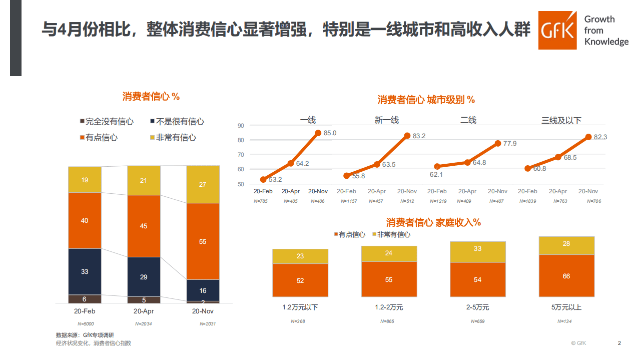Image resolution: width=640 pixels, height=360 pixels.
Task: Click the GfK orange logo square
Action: coord(558,30)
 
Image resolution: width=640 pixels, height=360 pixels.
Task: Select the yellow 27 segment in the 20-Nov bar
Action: coord(203,185)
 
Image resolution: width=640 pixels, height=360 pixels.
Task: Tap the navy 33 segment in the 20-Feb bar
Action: coord(85,271)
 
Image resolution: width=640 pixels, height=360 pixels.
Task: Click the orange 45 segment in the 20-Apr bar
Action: coord(144,226)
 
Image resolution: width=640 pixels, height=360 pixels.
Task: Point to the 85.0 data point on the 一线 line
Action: coord(318,133)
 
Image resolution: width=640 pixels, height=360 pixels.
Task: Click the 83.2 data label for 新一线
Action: coord(419,136)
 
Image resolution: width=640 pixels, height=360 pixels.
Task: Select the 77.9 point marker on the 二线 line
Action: coord(498,143)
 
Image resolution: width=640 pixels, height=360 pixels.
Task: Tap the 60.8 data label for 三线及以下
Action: coord(539,169)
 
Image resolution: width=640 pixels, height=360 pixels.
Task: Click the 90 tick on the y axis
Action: coord(241,126)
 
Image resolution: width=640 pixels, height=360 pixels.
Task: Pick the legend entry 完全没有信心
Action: coord(106,122)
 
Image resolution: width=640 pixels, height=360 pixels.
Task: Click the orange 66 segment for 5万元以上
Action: coord(566,276)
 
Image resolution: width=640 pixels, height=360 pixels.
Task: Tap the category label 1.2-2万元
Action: coord(389,307)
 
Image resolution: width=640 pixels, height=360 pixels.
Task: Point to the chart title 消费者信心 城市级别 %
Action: coord(426,100)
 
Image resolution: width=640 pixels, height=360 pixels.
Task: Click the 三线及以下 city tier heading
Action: coord(561,120)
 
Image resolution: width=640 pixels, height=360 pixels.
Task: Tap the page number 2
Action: coord(619,343)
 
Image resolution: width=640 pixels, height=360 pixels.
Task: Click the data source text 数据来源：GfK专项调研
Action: coord(85,334)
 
